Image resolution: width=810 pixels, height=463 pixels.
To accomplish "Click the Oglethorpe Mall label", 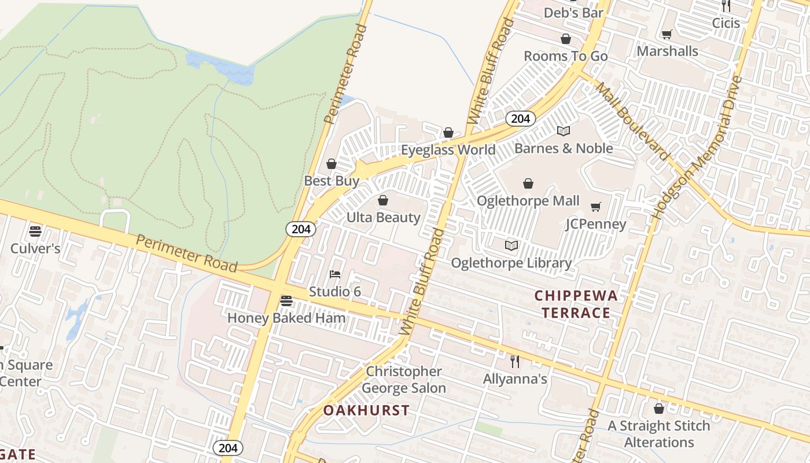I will click(x=528, y=201).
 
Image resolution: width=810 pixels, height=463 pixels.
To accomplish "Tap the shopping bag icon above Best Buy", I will click(x=332, y=164).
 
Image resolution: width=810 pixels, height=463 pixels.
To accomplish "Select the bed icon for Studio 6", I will click(x=335, y=274).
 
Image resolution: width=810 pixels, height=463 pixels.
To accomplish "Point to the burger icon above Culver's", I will click(x=35, y=231).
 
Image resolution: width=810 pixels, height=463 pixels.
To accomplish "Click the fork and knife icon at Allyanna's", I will click(x=515, y=362).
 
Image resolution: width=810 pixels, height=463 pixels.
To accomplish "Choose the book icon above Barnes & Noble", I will click(x=564, y=131).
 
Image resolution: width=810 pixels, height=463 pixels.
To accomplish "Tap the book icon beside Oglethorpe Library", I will click(x=511, y=246).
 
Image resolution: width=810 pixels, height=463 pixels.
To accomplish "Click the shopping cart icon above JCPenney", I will click(x=596, y=207).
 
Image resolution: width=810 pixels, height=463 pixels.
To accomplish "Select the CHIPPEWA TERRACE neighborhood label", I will click(x=576, y=304).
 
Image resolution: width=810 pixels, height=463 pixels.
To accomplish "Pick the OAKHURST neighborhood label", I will click(x=366, y=411).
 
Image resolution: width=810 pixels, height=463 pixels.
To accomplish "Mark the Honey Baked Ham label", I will click(x=286, y=318).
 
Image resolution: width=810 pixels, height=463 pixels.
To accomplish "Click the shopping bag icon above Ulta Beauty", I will click(x=382, y=201).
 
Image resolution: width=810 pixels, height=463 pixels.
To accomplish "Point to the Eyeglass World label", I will click(x=448, y=150).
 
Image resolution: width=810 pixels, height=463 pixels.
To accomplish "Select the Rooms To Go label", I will click(x=565, y=56).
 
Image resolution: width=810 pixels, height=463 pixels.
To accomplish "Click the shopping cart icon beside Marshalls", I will click(x=667, y=35).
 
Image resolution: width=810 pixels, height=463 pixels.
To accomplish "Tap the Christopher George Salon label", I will click(x=404, y=380).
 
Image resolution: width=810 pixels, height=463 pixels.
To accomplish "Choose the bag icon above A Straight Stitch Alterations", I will click(x=658, y=409).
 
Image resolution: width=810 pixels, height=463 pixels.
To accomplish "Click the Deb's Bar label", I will click(x=573, y=12).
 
